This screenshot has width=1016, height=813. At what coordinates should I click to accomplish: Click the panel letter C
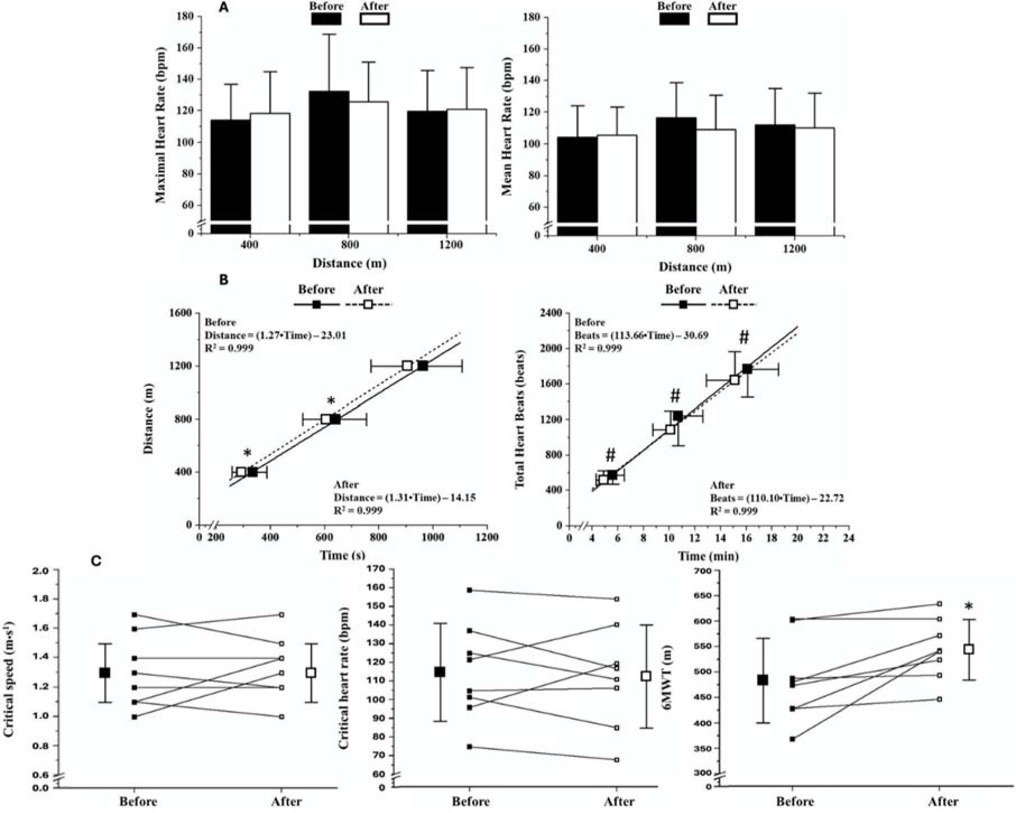(96, 561)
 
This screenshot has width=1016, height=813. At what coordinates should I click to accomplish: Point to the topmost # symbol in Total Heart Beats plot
(744, 337)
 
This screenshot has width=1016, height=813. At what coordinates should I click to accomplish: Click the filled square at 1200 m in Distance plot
(423, 366)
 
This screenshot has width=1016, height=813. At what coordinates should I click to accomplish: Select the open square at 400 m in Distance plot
(241, 472)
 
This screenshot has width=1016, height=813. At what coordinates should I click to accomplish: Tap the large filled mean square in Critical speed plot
(105, 672)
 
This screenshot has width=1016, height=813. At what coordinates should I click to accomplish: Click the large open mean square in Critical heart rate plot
(646, 676)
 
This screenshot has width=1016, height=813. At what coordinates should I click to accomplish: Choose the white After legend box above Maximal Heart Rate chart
(374, 19)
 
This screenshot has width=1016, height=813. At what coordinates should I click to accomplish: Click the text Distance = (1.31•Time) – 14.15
(405, 497)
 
